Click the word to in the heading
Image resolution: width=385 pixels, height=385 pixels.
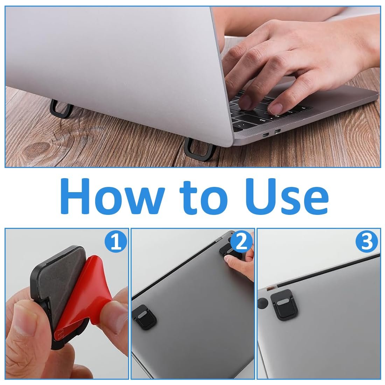(204, 198)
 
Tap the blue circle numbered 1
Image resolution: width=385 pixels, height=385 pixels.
(116, 242)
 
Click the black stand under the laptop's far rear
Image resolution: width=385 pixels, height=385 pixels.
(61, 108)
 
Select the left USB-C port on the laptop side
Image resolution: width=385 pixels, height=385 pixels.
(266, 134)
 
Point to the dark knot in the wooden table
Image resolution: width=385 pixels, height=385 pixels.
(37, 148)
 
